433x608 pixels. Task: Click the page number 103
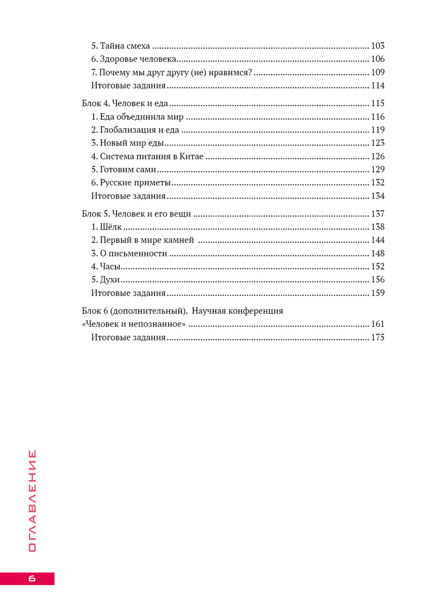tap(378, 46)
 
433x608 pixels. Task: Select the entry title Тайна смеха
tap(125, 46)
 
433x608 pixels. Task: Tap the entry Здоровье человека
tap(138, 59)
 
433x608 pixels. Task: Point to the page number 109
tap(378, 72)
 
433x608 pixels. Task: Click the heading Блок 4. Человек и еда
tap(125, 103)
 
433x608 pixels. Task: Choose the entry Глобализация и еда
tap(139, 130)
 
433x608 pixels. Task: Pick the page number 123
tap(378, 143)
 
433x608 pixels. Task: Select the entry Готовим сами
tap(128, 170)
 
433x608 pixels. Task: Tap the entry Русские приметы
tap(135, 182)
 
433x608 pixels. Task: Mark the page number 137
tap(378, 213)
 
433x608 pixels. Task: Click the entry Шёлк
tap(111, 227)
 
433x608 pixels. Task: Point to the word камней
tap(179, 240)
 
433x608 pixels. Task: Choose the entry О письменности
tap(133, 253)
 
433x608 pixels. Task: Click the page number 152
tap(378, 267)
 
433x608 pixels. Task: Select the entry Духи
tap(110, 280)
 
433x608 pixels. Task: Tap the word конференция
tap(256, 311)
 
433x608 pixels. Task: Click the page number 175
tap(378, 337)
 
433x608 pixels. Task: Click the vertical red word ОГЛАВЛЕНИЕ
tap(32, 501)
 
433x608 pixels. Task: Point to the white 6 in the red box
tap(32, 578)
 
